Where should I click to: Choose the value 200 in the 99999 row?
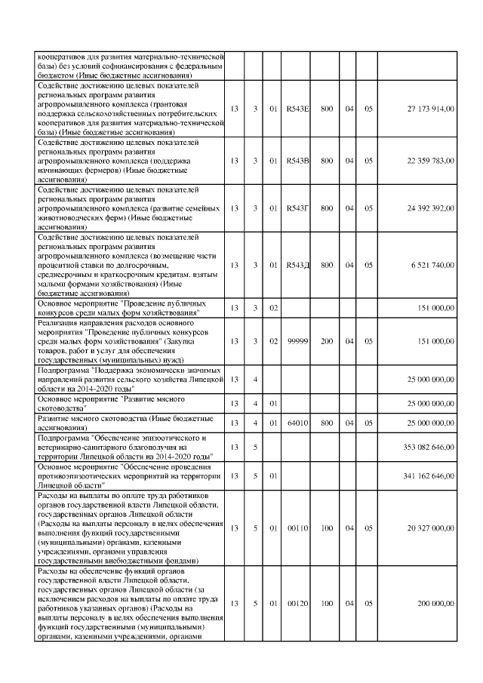coord(327,341)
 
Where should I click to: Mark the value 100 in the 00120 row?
coord(327,604)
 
